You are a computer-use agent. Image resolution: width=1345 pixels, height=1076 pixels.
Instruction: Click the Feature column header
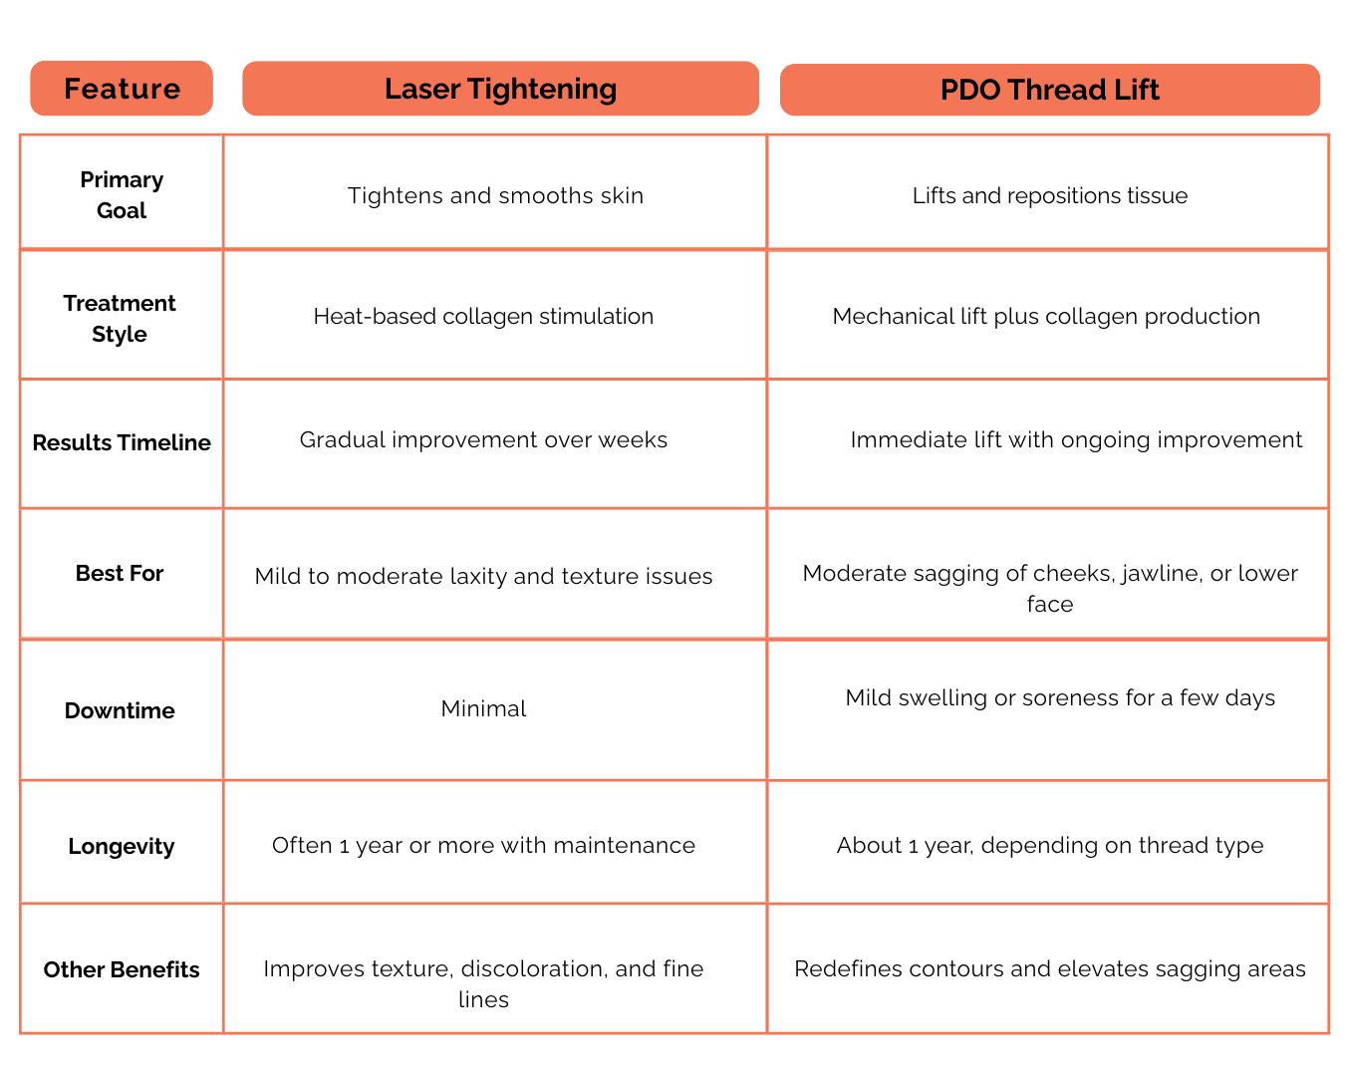122,89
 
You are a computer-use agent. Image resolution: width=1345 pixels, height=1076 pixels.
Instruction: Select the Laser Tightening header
500,89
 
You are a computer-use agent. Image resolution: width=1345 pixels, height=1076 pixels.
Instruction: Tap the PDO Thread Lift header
1049,90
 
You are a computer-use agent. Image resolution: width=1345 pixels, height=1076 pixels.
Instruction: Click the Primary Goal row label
122,195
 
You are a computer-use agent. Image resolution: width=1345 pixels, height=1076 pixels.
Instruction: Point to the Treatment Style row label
120,318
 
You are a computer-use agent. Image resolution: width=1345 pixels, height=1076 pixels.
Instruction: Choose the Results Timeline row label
122,442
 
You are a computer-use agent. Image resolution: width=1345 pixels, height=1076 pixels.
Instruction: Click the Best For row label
120,573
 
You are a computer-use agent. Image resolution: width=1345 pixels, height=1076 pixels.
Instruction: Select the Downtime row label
120,710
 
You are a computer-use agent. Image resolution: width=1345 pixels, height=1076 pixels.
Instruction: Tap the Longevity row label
122,846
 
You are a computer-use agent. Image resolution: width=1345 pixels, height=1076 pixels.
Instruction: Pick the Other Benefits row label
122,969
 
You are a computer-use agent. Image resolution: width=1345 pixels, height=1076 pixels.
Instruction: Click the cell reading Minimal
483,708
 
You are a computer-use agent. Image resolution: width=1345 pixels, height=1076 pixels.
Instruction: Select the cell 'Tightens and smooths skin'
495,195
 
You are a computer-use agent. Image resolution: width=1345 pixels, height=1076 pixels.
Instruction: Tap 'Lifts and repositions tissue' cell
1050,195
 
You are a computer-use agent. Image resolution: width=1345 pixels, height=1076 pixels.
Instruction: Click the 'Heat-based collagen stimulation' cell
483,316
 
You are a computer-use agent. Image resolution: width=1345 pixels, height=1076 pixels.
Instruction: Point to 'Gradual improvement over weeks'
483,439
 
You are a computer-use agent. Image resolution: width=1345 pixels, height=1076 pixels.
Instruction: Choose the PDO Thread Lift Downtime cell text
1060,697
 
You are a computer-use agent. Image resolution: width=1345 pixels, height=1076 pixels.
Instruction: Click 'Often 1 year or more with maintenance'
483,845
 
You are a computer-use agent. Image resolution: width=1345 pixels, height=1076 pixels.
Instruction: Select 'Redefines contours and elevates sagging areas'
1050,968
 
